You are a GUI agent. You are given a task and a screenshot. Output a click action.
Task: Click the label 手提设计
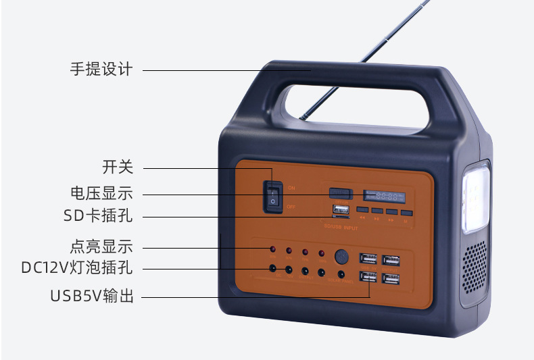pos(101,69)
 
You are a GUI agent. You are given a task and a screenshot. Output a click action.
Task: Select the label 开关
pos(118,167)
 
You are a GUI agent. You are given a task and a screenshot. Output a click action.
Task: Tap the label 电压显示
pos(101,193)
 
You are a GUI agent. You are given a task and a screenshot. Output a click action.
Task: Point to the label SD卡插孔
pos(98,216)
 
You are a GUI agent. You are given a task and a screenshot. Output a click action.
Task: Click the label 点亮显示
pos(101,246)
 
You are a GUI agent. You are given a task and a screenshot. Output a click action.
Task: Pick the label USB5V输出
pos(92,296)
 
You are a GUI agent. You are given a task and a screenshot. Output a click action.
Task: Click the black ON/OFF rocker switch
pos(273,195)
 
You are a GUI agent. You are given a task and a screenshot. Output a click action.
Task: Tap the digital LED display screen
pos(384,197)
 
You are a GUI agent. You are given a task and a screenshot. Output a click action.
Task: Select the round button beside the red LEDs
pos(342,257)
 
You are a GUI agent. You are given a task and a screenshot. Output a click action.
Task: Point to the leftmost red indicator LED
pos(272,251)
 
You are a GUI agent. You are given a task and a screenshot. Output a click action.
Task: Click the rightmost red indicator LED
pos(322,253)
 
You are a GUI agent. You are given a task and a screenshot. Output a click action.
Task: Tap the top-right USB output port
pos(391,260)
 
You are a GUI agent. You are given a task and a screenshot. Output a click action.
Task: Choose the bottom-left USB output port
pos(368,277)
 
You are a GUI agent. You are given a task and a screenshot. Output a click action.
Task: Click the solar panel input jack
pos(341,275)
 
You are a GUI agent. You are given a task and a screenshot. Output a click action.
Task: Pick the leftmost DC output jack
pos(272,269)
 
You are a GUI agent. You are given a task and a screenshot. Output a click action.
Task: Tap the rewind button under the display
pos(363,218)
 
